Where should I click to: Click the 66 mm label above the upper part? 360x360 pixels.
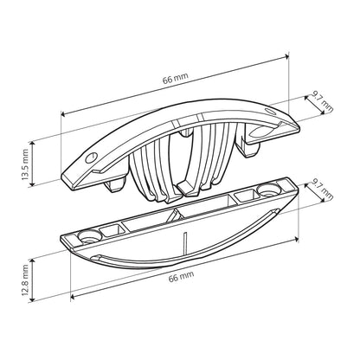[x=176, y=78]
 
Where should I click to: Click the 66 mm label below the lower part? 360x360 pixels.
[x=181, y=276]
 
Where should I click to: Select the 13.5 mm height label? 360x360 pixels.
[x=25, y=164]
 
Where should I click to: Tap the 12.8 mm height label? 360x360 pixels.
[x=25, y=280]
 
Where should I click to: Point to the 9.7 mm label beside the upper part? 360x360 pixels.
[x=323, y=102]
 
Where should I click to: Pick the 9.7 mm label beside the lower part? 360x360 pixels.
[x=323, y=190]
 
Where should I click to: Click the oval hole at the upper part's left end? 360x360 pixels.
[x=90, y=157]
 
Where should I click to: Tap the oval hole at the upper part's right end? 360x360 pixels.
[x=270, y=111]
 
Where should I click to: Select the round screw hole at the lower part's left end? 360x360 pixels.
[x=89, y=236]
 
